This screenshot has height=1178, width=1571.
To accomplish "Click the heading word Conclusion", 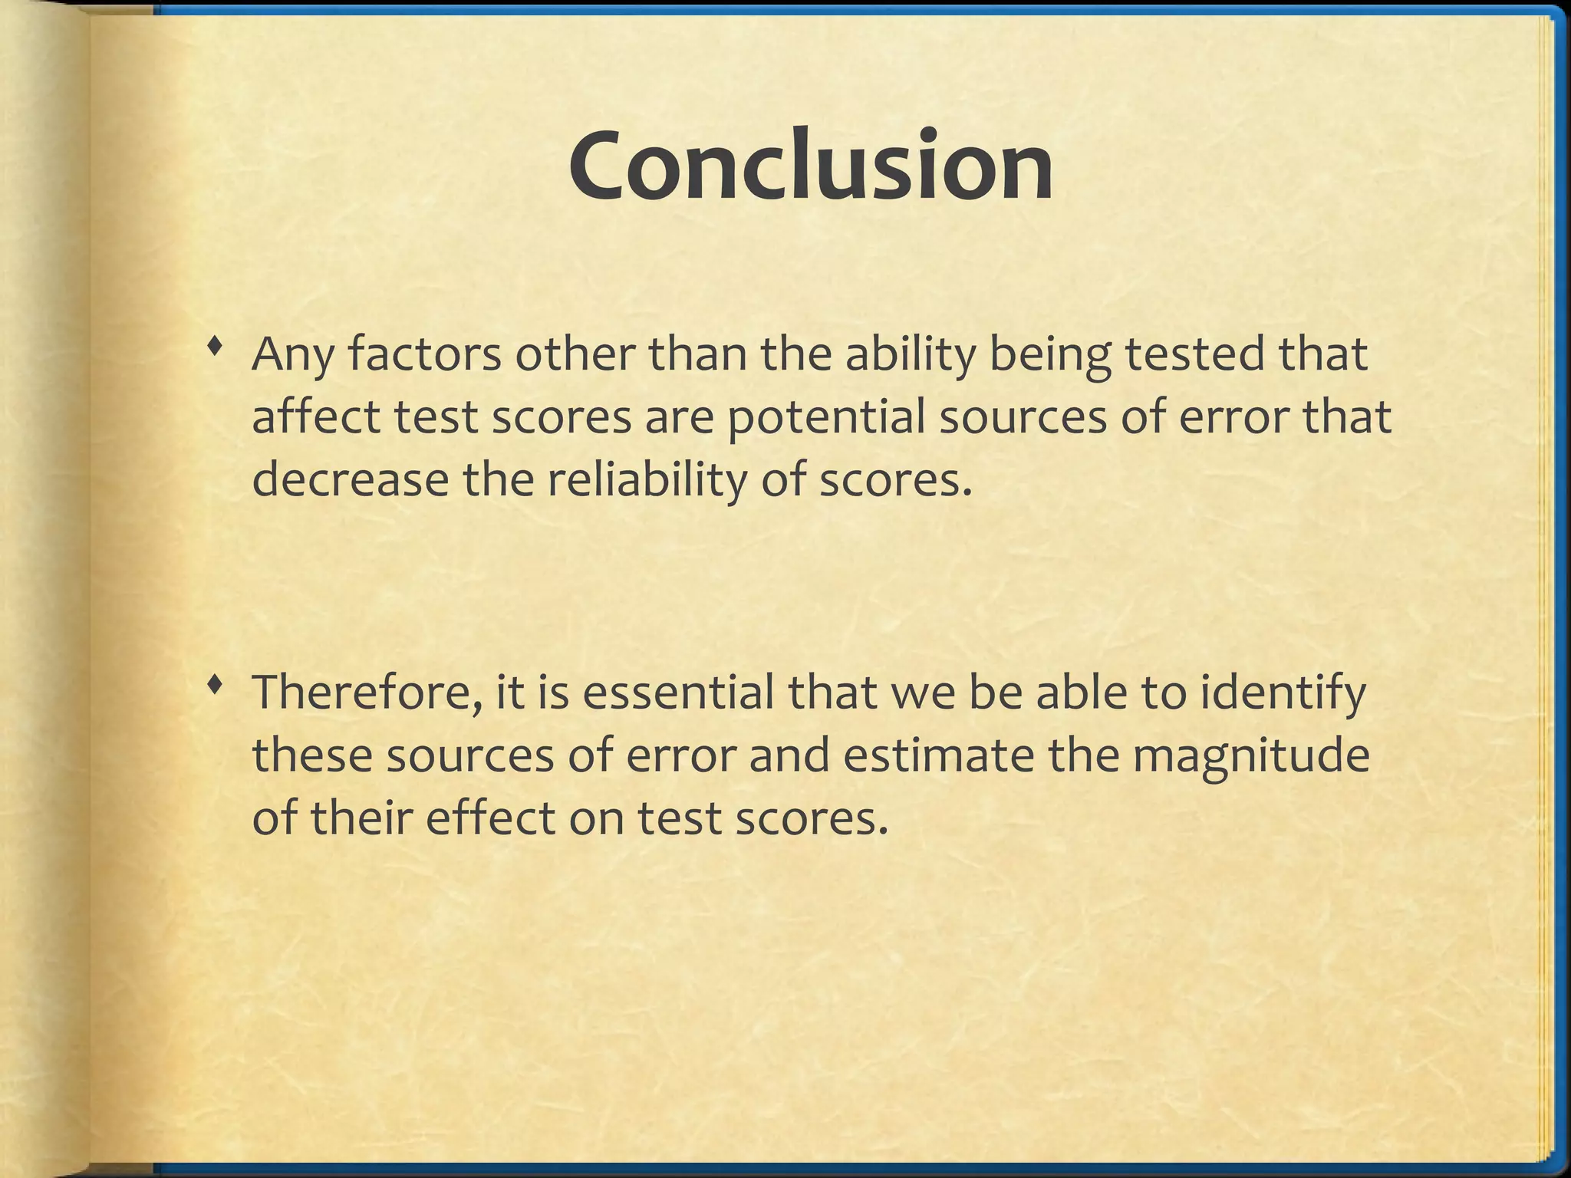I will [x=811, y=166].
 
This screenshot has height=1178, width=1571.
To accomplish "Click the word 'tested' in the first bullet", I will [x=1194, y=354].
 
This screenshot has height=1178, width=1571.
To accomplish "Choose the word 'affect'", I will [x=317, y=417].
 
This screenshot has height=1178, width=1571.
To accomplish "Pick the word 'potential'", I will [x=826, y=417].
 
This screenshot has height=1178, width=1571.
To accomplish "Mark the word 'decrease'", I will [x=351, y=480].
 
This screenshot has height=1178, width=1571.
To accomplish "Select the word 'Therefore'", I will [x=367, y=692].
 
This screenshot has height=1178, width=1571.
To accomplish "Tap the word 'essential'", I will [x=678, y=692].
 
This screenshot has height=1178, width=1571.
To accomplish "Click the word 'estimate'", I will [x=939, y=755].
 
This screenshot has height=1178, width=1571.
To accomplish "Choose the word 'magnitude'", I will [x=1250, y=755].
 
